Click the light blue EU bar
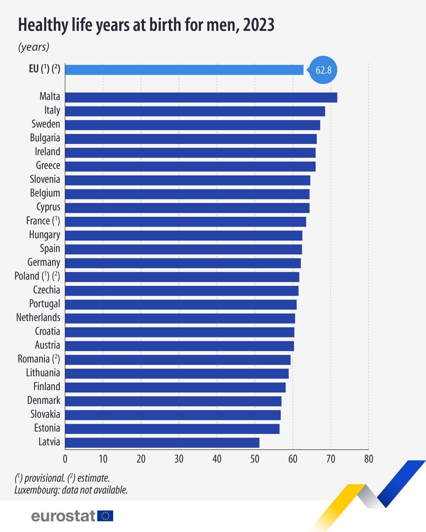(x=184, y=70)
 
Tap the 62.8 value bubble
(x=323, y=70)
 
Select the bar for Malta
(x=201, y=98)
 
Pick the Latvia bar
(x=162, y=443)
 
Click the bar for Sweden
(x=192, y=125)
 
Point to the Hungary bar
(x=184, y=235)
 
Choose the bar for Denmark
(x=173, y=401)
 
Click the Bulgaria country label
(x=45, y=138)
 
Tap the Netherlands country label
(x=38, y=317)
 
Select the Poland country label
(x=27, y=276)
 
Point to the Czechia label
(x=47, y=290)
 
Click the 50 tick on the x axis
(x=255, y=459)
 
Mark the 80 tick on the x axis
(x=368, y=459)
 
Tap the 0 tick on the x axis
(x=65, y=459)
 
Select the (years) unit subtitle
(x=34, y=47)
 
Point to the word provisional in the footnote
(x=44, y=478)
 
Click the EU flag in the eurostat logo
(x=105, y=516)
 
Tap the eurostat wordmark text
(x=63, y=516)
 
